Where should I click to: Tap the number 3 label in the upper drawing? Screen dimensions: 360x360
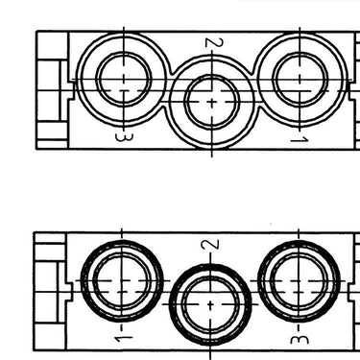tap(124, 137)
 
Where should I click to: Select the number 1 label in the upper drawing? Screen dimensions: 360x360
tap(300, 139)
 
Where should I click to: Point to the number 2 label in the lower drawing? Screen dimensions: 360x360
tap(210, 245)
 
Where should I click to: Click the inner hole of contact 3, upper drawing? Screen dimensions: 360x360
tap(124, 79)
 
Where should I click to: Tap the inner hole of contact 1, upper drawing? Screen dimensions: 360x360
tap(300, 80)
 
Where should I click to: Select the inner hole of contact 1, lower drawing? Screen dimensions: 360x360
tap(122, 280)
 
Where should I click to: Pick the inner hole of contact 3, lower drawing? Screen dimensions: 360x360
tap(299, 280)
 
